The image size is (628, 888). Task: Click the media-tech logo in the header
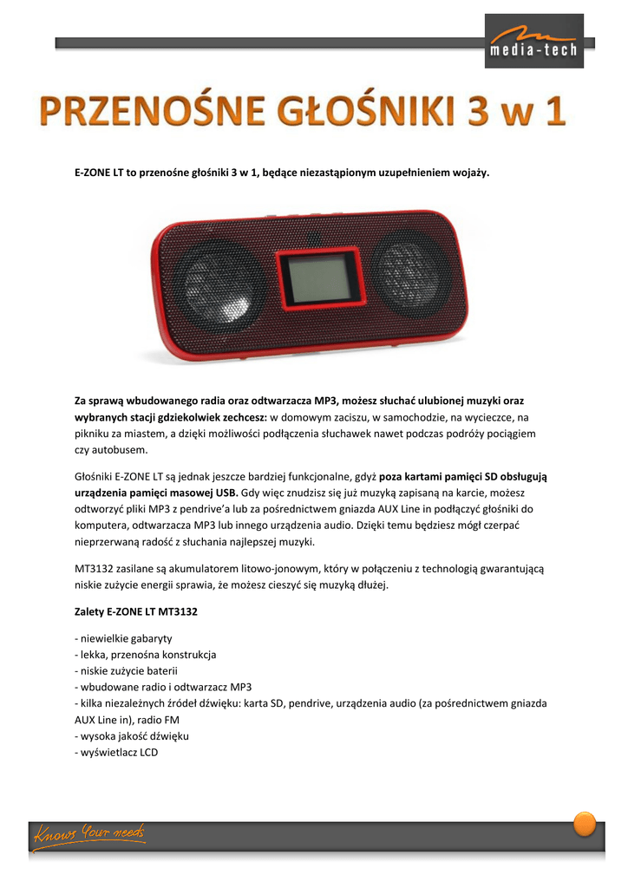[534, 41]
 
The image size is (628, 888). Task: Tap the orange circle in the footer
[585, 823]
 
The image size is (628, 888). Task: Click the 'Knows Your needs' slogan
[89, 834]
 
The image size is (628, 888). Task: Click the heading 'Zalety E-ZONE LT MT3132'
[136, 611]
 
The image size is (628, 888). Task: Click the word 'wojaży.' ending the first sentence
[469, 173]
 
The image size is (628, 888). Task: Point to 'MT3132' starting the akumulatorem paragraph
[94, 569]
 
